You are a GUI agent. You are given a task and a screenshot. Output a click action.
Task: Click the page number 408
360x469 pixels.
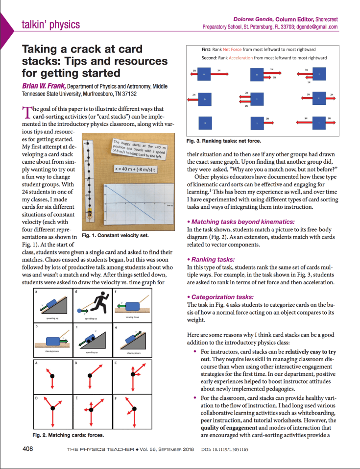pyautogui.click(x=28, y=448)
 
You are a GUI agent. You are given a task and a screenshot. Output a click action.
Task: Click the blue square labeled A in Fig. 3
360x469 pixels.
pyautogui.click(x=204, y=74)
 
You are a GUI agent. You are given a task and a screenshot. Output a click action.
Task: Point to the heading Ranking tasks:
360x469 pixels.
pyautogui.click(x=213, y=259)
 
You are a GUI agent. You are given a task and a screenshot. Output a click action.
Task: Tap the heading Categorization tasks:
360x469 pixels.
pyautogui.click(x=222, y=297)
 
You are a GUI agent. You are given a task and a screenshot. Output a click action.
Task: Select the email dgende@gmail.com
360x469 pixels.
pyautogui.click(x=316, y=27)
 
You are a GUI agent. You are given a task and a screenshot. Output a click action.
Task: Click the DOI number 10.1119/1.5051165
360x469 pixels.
pyautogui.click(x=225, y=449)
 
